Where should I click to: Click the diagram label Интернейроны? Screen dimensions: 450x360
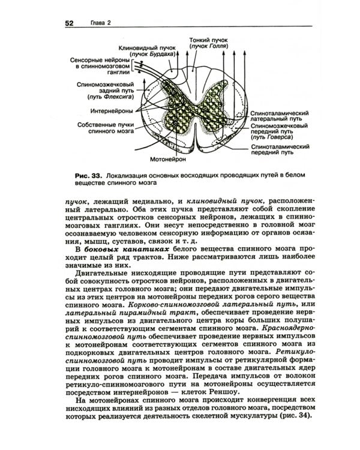[110, 111]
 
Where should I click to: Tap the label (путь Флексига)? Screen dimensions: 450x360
[110, 97]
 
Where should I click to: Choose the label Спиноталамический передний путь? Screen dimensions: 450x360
[280, 150]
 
